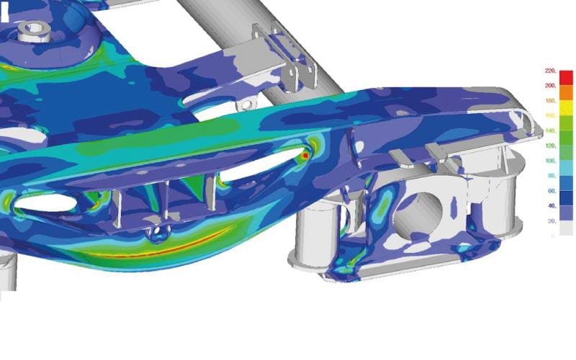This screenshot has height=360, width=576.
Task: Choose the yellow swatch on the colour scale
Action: (566, 108)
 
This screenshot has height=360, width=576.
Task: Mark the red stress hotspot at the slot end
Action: (305, 155)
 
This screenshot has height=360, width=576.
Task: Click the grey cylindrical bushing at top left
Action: (32, 30)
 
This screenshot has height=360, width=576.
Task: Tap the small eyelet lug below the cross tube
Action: (246, 105)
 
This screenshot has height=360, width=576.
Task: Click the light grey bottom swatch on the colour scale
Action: (566, 228)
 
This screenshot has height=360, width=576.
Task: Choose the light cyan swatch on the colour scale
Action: (566, 168)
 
